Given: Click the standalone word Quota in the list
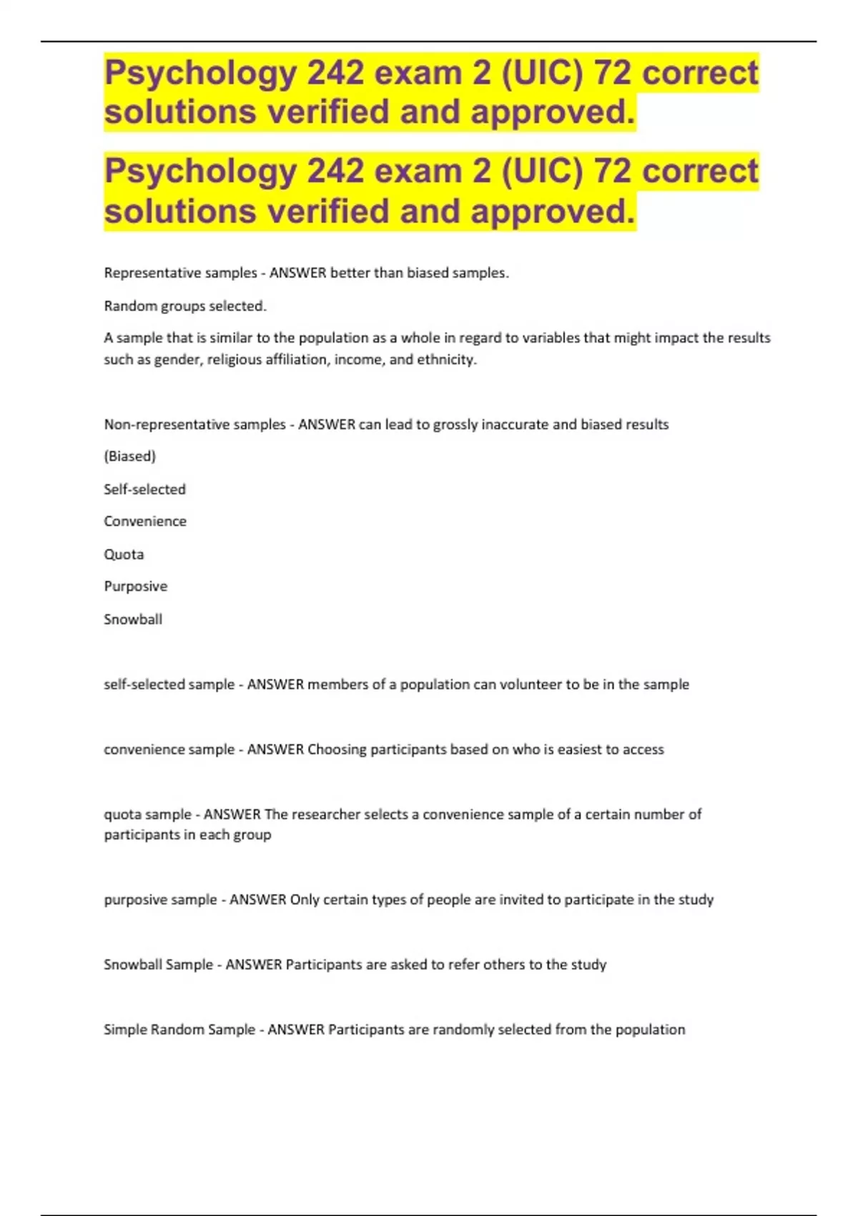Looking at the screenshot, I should [124, 554].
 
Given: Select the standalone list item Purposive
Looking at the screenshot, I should [136, 587].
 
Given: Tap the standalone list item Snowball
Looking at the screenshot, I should [133, 619].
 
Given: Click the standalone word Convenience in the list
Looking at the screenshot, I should [145, 521].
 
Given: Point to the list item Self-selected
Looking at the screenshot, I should [144, 489].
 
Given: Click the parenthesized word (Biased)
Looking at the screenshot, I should [129, 456].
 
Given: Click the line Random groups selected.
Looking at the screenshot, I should [185, 306].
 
